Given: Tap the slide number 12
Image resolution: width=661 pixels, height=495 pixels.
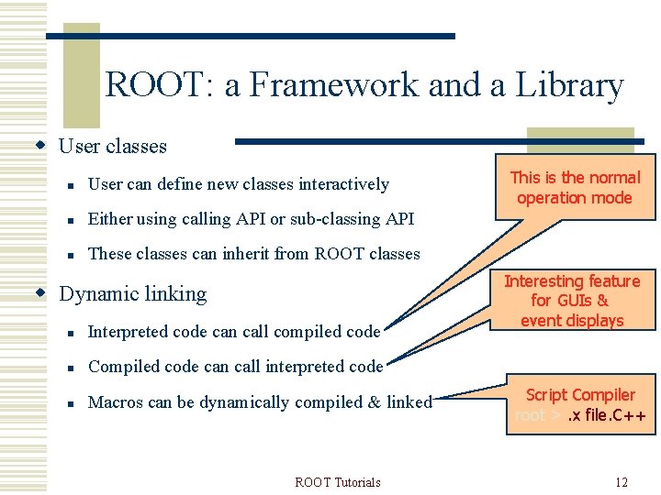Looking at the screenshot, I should [x=622, y=482].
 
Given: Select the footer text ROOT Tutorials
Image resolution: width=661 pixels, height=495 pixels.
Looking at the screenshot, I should [x=338, y=482].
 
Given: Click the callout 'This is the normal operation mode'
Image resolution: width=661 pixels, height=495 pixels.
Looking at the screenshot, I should [x=575, y=188].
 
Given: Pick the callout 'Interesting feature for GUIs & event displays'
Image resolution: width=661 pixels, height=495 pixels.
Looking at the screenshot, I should [x=572, y=301].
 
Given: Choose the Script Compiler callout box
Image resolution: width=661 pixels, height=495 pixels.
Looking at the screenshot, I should [x=580, y=405].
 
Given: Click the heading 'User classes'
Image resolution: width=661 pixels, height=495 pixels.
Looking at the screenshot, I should [x=113, y=146].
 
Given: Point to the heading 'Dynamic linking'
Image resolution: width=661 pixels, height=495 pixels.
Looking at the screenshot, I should [x=133, y=293].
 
